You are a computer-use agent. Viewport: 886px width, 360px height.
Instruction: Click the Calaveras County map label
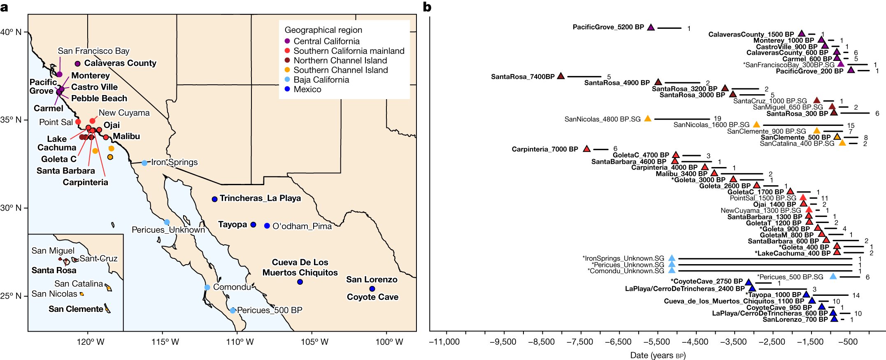pos(120,63)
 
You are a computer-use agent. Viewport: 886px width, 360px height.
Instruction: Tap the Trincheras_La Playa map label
pos(260,198)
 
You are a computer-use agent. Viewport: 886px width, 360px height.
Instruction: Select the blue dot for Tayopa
pos(253,225)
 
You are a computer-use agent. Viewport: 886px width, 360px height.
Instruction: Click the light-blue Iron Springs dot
pos(144,163)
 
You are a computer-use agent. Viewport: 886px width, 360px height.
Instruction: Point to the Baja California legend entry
pos(321,80)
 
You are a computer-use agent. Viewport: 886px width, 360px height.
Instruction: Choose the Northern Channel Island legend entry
pos(340,60)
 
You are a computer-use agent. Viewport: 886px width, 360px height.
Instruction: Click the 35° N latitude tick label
pos(11,120)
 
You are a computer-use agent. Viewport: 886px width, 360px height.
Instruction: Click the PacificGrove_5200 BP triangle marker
pos(651,28)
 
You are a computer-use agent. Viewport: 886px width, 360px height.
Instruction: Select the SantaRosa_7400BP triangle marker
pos(561,76)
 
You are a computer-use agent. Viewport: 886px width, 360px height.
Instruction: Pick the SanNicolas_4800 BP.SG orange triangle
pos(647,119)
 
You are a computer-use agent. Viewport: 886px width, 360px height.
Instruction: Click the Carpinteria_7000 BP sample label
pos(545,149)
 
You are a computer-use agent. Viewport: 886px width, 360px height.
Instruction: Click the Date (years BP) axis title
pos(658,355)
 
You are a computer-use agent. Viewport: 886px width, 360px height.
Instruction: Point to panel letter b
pos(427,7)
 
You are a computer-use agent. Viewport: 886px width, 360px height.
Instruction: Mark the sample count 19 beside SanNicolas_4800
pos(717,119)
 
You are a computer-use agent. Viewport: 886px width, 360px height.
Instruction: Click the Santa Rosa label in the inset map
pos(54,270)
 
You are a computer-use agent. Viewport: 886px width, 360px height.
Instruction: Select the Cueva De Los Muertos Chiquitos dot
pos(300,282)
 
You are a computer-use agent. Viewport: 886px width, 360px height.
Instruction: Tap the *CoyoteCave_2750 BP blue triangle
pos(749,282)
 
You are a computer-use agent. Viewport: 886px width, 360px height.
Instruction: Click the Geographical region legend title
pos(323,30)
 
